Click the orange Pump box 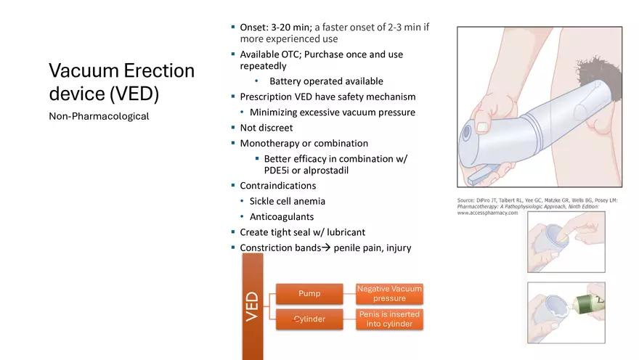(x=309, y=294)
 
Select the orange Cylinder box (x=309, y=319)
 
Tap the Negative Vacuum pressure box (x=389, y=294)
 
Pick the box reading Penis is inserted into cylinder (x=389, y=319)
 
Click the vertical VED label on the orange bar (x=252, y=306)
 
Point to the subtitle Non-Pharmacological (x=99, y=116)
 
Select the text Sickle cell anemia (x=288, y=201)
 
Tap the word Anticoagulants (x=282, y=216)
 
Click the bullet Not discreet (x=266, y=128)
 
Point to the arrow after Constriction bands (x=326, y=247)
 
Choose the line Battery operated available (x=326, y=81)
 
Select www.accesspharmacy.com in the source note (x=487, y=213)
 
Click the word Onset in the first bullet (x=254, y=28)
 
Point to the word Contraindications (x=278, y=186)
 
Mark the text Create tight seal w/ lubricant (x=302, y=232)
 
